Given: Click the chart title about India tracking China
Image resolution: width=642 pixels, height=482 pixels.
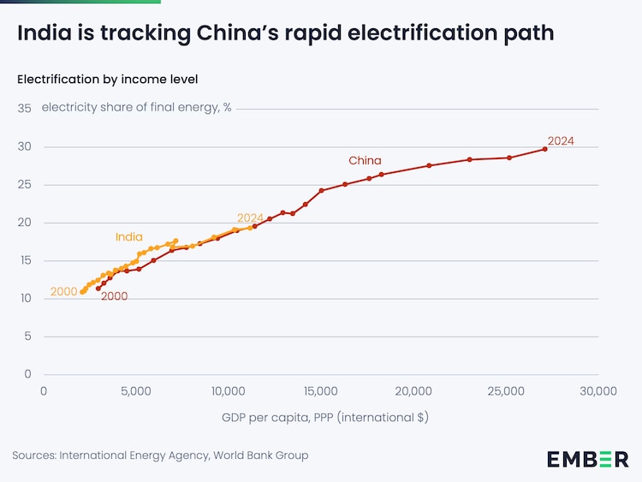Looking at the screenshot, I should point(285,33).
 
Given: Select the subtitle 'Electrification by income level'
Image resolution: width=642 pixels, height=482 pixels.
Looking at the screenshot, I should point(107,80).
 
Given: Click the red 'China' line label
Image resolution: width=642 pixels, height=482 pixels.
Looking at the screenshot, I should point(365,160).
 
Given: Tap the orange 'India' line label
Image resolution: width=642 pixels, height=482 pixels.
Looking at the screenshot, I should point(129,237).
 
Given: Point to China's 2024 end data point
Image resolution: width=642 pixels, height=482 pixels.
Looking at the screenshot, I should point(544,149).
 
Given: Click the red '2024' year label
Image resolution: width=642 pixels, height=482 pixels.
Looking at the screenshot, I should point(561,141).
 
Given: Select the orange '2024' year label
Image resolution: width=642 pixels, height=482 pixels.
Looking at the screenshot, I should point(251,217).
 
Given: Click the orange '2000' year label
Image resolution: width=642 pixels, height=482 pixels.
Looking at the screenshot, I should point(64,292).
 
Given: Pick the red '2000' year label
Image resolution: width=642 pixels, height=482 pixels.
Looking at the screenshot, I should point(114,296).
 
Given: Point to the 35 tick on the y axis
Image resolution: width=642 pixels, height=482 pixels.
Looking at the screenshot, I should point(24,109).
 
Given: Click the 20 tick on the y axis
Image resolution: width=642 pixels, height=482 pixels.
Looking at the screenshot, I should point(24,223).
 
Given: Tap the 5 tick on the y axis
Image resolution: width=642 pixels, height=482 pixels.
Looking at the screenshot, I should point(27,336).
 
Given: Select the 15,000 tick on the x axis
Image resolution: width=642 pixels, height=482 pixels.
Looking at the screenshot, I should point(321,391).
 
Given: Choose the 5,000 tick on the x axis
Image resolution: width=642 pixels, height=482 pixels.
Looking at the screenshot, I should point(136,391).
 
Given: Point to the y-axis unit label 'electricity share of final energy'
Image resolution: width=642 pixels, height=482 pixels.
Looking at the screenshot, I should point(136,108).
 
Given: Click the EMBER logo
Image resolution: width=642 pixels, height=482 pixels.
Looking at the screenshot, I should point(587,459).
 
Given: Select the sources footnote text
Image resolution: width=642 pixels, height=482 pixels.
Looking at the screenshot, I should point(160,455).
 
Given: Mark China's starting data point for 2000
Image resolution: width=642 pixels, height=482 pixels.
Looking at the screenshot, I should point(98,289).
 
